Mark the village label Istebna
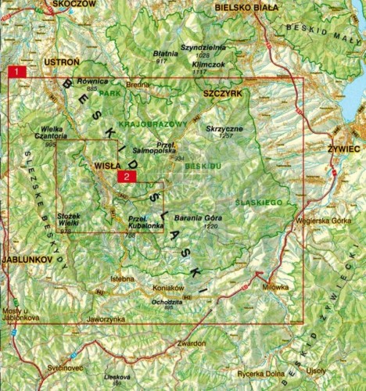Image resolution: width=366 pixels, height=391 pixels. [123, 278]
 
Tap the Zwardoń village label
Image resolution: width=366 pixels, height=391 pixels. [191, 343]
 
